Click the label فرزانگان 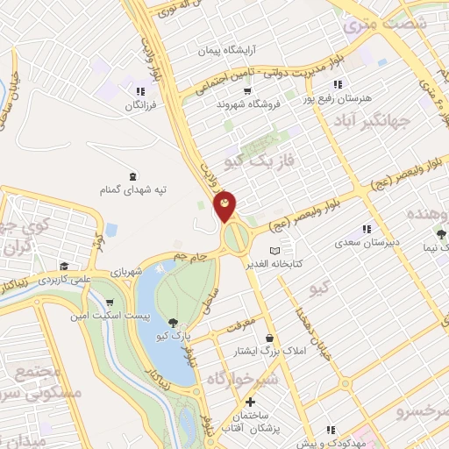tap(120, 104)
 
